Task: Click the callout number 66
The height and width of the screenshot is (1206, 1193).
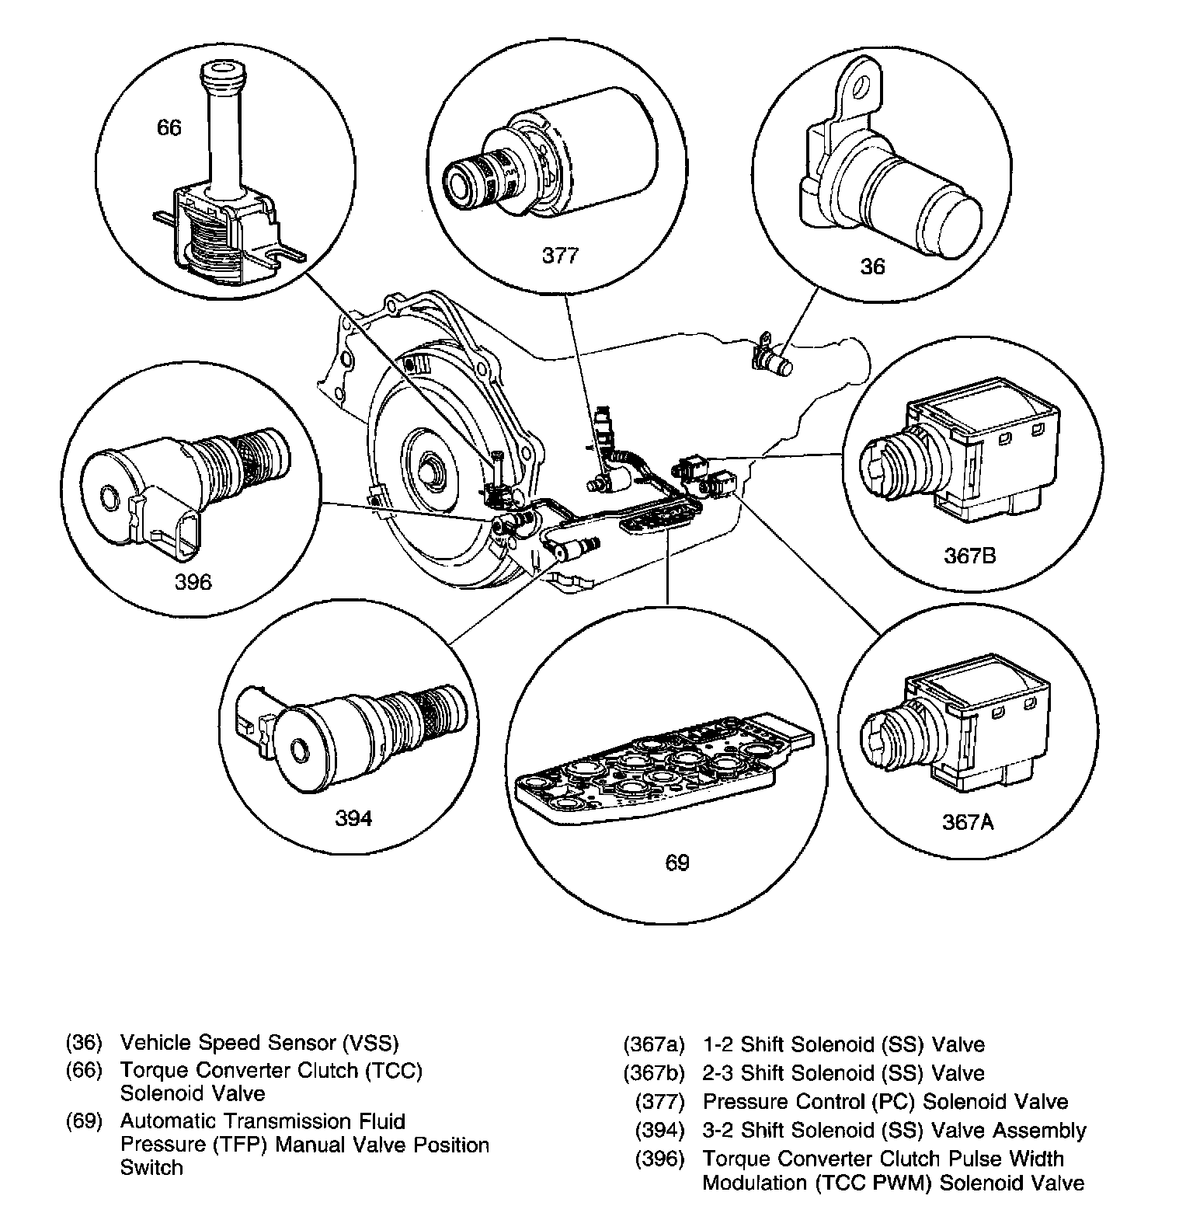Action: click(169, 127)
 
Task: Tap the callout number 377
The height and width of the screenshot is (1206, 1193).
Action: click(560, 256)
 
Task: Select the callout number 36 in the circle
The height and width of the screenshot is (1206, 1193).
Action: click(873, 267)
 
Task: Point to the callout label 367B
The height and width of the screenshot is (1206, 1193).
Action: click(970, 556)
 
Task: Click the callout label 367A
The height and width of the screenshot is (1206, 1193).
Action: click(968, 821)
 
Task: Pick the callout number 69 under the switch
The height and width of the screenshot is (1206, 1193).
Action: click(676, 862)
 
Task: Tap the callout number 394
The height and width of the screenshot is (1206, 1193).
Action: click(353, 818)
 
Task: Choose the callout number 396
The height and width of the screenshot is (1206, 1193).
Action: click(193, 582)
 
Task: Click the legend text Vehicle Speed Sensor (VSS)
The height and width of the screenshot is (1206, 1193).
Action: click(259, 1042)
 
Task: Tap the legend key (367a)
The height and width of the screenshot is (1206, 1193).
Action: click(653, 1045)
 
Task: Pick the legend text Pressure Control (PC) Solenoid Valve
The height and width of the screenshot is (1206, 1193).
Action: click(885, 1101)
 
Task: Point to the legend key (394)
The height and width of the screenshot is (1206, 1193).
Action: click(659, 1130)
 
